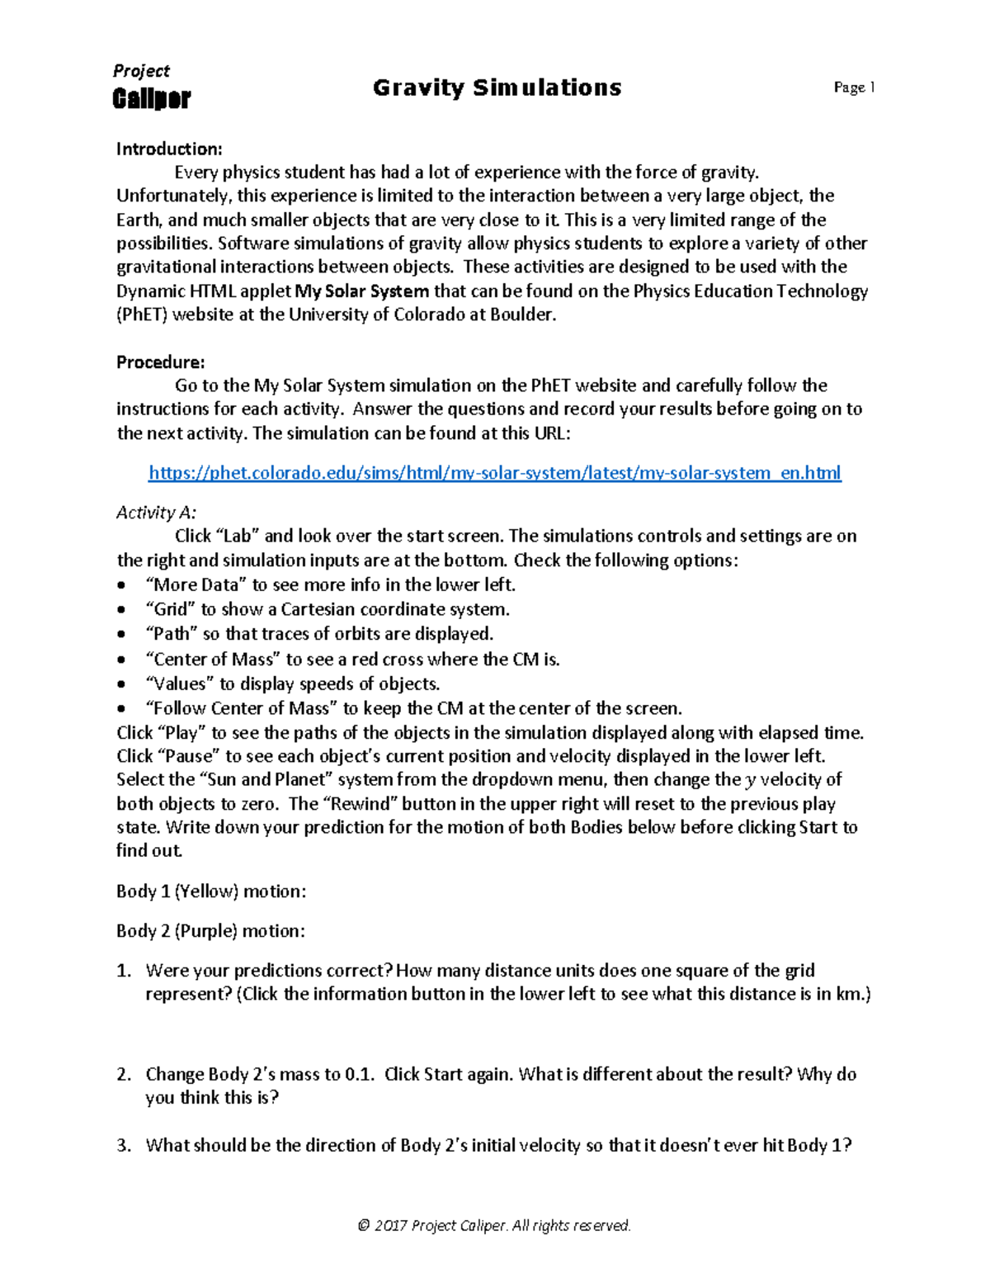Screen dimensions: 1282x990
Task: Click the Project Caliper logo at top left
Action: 151,88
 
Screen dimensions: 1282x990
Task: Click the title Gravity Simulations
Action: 497,88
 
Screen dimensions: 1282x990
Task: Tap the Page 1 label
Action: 854,88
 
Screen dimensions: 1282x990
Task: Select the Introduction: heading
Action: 169,149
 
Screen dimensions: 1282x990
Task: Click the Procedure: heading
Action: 160,362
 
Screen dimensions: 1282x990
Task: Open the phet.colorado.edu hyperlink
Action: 494,473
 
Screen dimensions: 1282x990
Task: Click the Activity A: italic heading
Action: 156,513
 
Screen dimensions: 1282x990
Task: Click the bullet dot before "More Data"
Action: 123,586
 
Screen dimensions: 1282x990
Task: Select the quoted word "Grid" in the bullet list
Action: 170,610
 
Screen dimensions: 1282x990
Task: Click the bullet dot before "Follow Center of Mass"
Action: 123,709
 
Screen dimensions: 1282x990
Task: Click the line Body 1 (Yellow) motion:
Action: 211,892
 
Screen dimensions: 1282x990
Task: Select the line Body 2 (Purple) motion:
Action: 210,931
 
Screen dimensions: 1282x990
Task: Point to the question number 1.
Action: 123,971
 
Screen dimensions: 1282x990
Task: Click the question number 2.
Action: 123,1075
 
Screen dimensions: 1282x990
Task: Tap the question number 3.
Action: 123,1146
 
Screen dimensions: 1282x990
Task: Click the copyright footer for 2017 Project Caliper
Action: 494,1226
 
